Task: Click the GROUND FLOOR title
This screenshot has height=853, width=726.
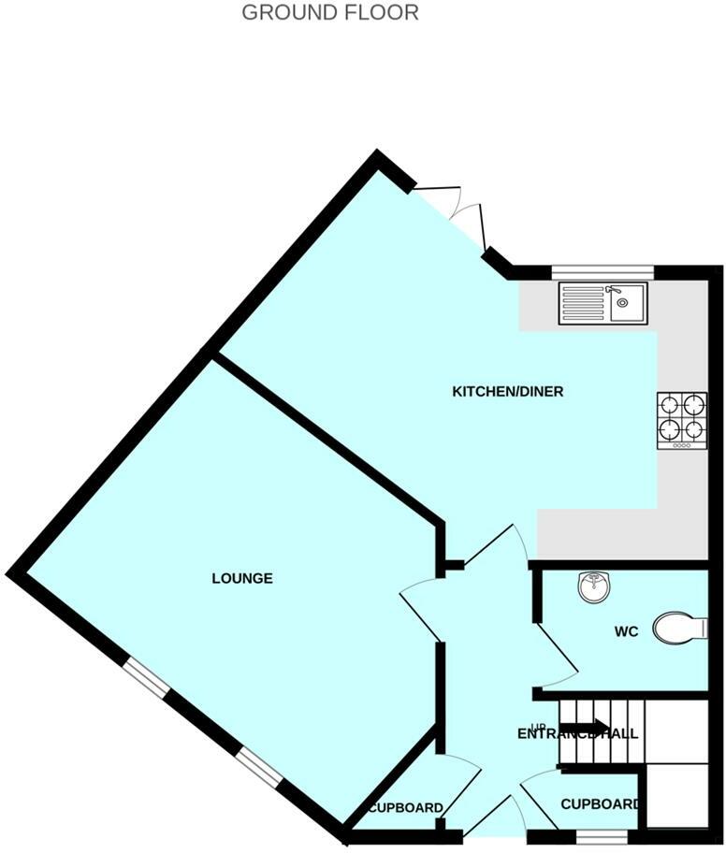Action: coord(329,13)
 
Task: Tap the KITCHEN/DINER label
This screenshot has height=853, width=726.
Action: coord(508,392)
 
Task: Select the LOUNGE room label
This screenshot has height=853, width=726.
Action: coord(242,579)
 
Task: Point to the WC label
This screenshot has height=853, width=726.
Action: coord(626,632)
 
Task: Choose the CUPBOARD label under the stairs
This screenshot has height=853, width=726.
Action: coord(601,804)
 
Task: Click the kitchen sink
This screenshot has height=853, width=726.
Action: coord(603,304)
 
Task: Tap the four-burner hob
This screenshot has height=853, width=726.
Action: coord(681,418)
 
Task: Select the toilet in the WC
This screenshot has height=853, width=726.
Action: coord(679,628)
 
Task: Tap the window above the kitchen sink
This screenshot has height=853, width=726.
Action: coord(602,272)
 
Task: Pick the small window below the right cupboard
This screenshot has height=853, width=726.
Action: coord(601,836)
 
